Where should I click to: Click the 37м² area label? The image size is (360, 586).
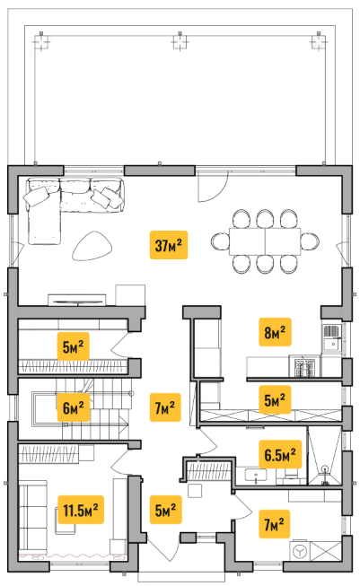point(169,245)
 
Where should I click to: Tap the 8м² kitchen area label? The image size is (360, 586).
point(275,332)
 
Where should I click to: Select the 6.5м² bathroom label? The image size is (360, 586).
point(280,454)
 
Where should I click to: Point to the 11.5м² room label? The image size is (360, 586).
point(81,510)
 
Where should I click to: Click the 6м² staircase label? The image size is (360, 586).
point(74,407)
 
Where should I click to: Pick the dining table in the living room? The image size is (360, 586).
point(265,241)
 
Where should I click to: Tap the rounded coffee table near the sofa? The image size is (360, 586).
point(92,246)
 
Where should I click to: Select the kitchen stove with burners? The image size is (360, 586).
point(304,366)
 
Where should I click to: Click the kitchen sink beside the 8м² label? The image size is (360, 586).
point(331,337)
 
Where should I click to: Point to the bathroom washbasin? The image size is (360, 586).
point(256,475)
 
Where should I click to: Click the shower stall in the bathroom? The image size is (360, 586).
point(324,456)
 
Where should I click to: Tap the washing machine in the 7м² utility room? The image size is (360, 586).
point(300,551)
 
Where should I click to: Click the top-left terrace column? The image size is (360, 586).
point(41,41)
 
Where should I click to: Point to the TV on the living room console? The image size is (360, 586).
point(77,301)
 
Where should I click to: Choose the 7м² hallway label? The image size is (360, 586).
point(165,407)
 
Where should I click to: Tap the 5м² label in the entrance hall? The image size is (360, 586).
point(165,510)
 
